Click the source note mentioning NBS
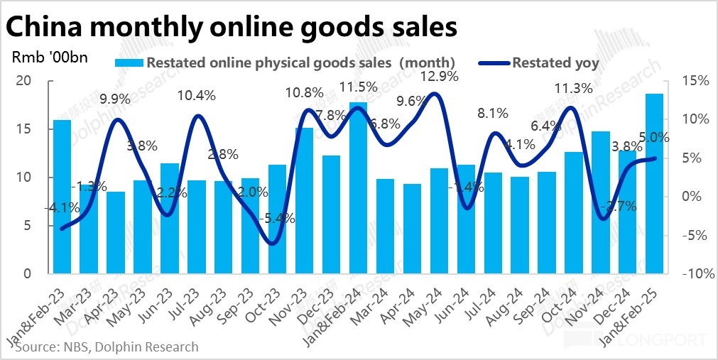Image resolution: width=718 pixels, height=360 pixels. pyautogui.click(x=105, y=347)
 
